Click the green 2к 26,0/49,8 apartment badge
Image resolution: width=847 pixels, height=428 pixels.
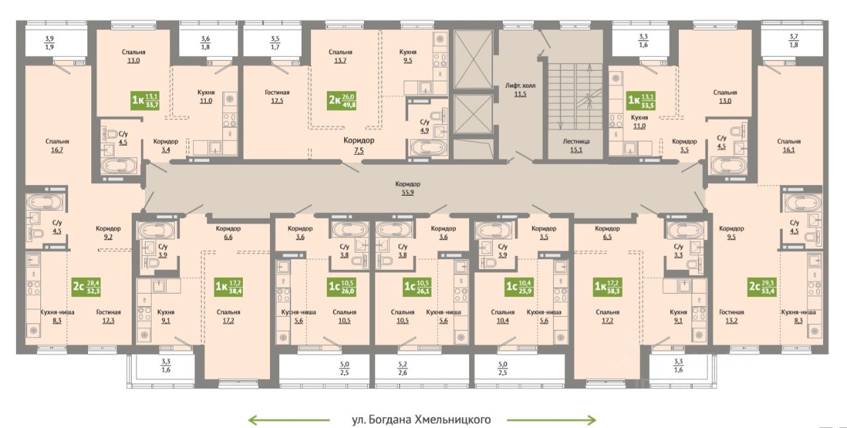point(342,100)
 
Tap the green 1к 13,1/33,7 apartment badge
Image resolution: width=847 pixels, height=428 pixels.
point(145,100)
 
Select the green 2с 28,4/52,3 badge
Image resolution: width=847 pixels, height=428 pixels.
point(86,286)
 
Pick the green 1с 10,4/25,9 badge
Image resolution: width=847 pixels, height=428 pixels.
point(519,286)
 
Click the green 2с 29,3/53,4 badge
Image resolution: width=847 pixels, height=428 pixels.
point(762,286)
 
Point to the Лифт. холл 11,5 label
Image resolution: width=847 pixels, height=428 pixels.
point(520,89)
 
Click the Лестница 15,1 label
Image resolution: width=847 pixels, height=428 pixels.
point(576,146)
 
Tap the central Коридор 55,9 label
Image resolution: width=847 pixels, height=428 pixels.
point(408,188)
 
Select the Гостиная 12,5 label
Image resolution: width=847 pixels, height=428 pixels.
point(277,97)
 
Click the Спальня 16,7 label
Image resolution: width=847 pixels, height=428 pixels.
point(57,146)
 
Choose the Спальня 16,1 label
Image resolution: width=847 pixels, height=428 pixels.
point(789,146)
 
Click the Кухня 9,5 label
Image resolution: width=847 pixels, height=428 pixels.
point(408,56)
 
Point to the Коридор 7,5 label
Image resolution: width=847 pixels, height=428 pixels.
point(359,145)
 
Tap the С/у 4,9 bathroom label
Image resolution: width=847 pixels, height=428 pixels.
point(425,126)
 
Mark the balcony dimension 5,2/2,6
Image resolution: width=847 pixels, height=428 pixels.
point(403,368)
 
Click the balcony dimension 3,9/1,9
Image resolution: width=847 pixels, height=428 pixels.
point(50,43)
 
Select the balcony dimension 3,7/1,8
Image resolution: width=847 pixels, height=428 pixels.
point(793,41)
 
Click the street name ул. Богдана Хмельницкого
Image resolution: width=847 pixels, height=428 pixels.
point(422,419)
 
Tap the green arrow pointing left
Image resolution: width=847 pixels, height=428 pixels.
point(289,420)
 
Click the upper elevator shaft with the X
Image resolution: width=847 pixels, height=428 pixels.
point(473,60)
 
